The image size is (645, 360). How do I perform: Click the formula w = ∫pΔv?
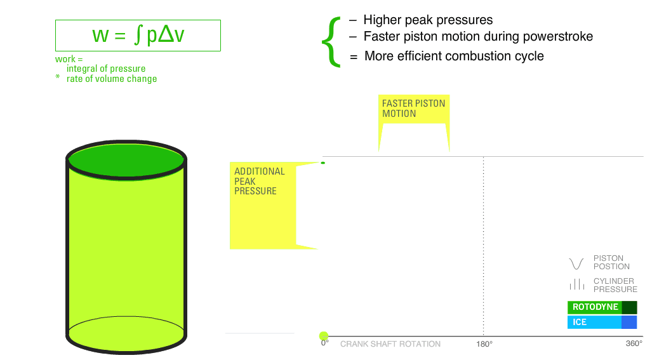coord(138,34)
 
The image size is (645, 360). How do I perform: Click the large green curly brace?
coord(331,41)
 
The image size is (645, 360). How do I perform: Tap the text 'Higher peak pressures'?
coord(428,20)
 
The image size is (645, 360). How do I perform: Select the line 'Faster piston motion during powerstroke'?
coord(478,36)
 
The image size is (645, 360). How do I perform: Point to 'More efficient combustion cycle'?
coord(454,56)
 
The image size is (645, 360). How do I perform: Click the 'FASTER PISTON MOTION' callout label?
coord(413,109)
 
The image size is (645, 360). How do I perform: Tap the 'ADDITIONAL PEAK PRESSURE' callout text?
coord(259,181)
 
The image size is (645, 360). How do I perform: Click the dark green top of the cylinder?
coord(126,161)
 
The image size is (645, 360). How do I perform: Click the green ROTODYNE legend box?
coord(602,307)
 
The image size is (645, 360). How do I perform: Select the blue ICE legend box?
coord(602,322)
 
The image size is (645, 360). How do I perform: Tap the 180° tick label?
coord(484,344)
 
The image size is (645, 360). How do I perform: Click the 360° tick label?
coord(634,343)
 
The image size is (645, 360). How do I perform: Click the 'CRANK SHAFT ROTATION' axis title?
coord(390,344)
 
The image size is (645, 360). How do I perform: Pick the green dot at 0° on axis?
coord(324,336)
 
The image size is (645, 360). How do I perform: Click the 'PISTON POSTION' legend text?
coord(611,262)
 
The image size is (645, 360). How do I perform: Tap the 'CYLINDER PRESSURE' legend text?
coord(615,285)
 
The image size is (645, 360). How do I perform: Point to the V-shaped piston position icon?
coord(576,263)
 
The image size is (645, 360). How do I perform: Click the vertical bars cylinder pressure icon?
coord(576,284)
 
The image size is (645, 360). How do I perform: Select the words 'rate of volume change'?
coord(112,79)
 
